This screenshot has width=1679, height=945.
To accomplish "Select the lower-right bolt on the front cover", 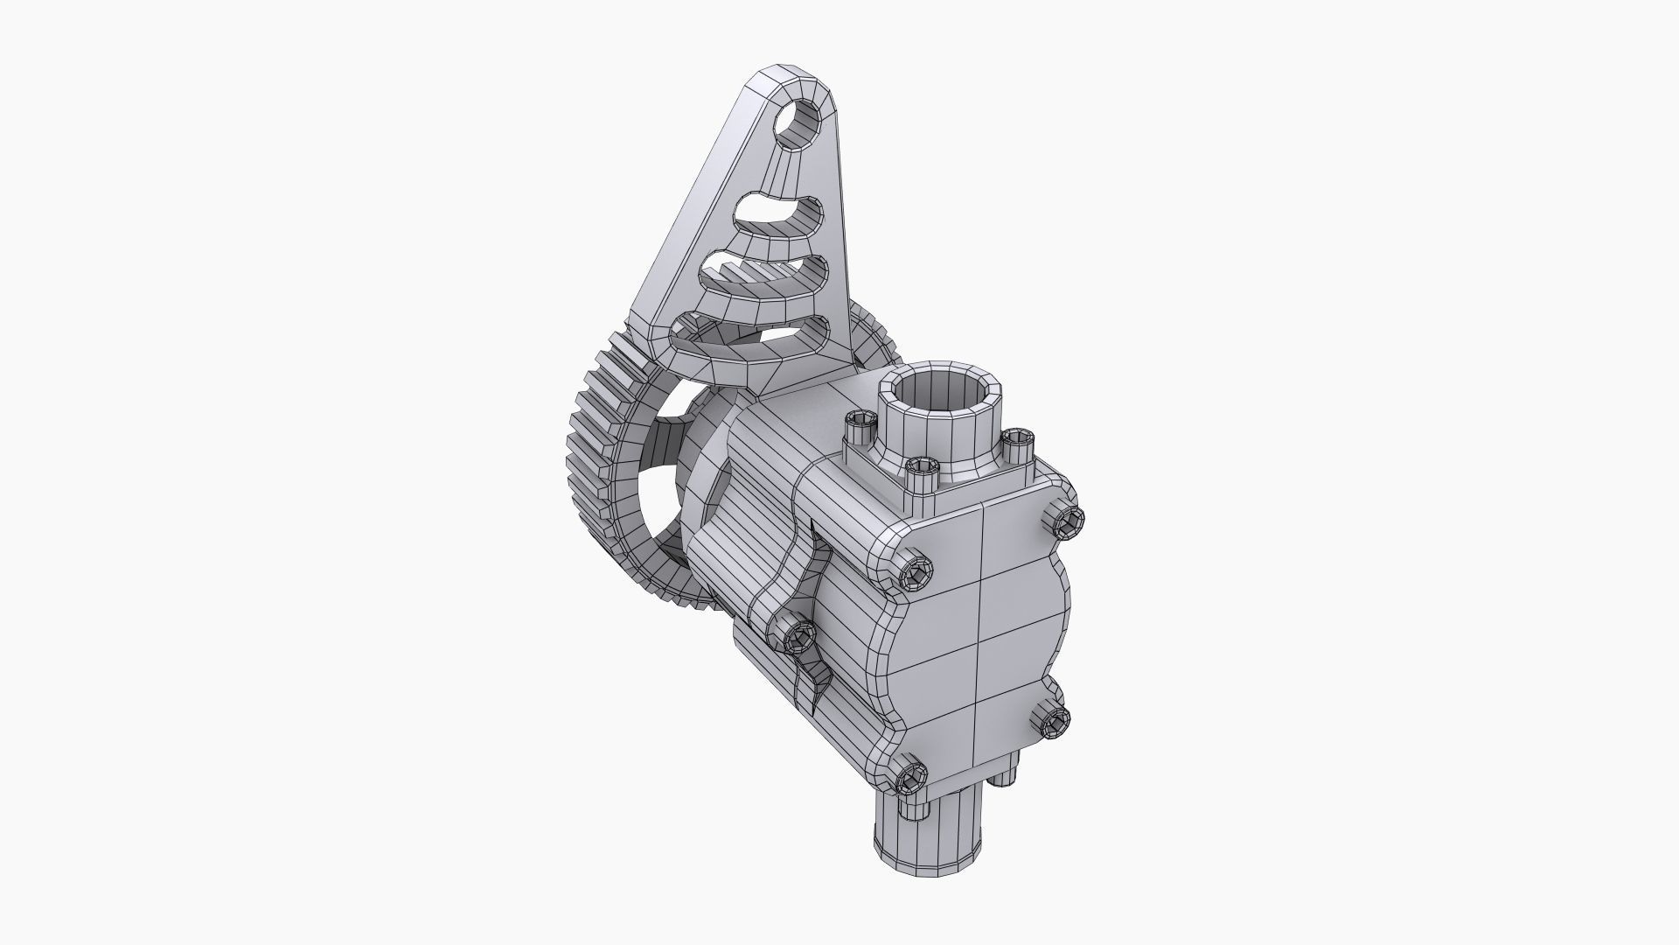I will (1054, 719).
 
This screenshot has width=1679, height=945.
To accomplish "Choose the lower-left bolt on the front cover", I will (909, 773).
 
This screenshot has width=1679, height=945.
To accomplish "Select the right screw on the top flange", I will (1016, 442).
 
